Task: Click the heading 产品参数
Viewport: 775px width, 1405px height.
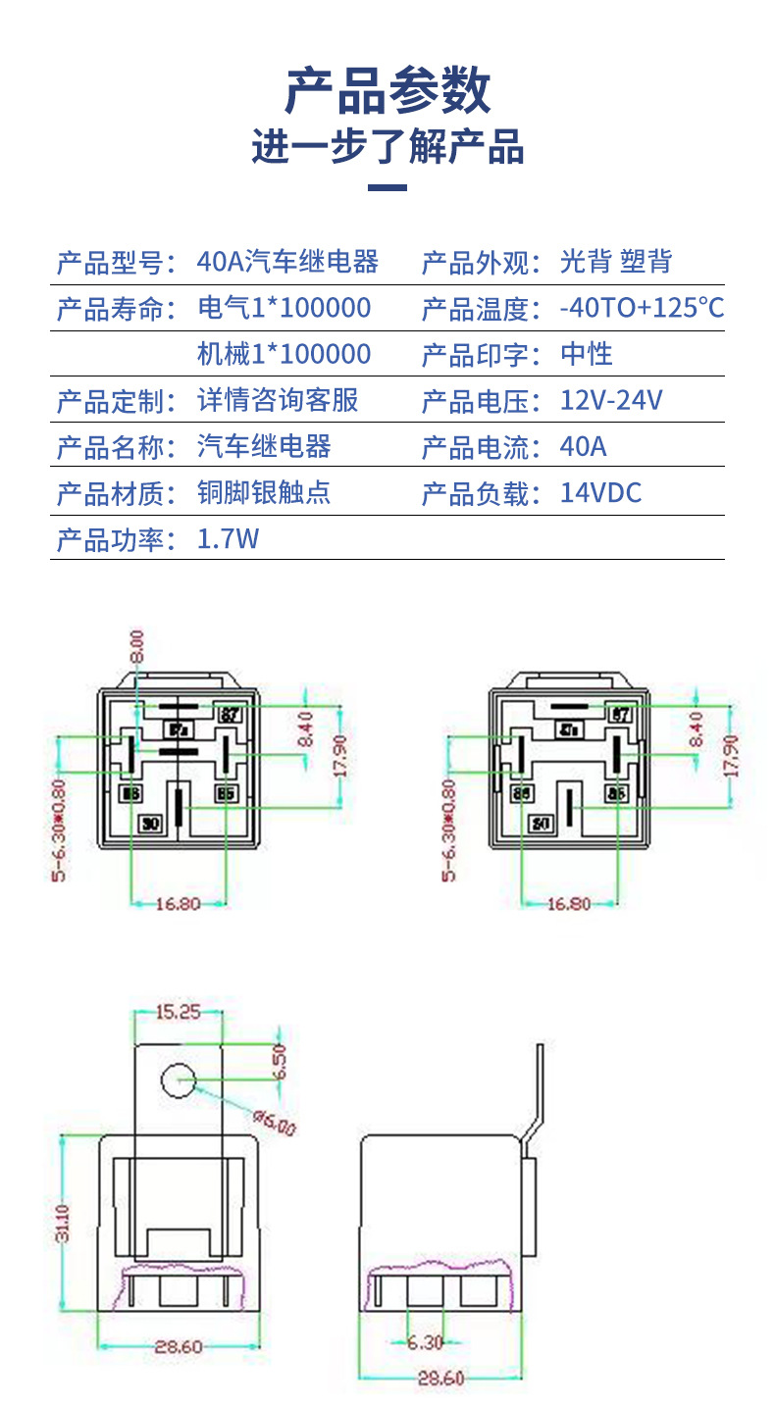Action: point(387,92)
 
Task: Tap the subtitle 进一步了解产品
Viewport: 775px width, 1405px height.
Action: point(387,147)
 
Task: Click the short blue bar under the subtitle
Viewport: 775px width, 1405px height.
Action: point(387,187)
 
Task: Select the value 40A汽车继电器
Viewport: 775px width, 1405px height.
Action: point(287,263)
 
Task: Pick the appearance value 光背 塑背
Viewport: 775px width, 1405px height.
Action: point(616,263)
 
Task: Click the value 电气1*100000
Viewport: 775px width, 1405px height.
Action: point(284,309)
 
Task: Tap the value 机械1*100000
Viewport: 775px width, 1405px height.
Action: point(284,354)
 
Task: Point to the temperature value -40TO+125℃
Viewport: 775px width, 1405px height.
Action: point(642,309)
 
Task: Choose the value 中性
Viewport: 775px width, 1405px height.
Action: point(587,354)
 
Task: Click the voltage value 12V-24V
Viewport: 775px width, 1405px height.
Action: point(611,400)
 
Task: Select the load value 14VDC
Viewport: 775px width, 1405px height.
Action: point(600,492)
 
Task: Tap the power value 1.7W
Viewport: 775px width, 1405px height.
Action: point(228,538)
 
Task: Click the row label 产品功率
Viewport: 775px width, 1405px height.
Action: point(116,538)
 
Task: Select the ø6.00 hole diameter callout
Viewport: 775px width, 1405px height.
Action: point(274,1122)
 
